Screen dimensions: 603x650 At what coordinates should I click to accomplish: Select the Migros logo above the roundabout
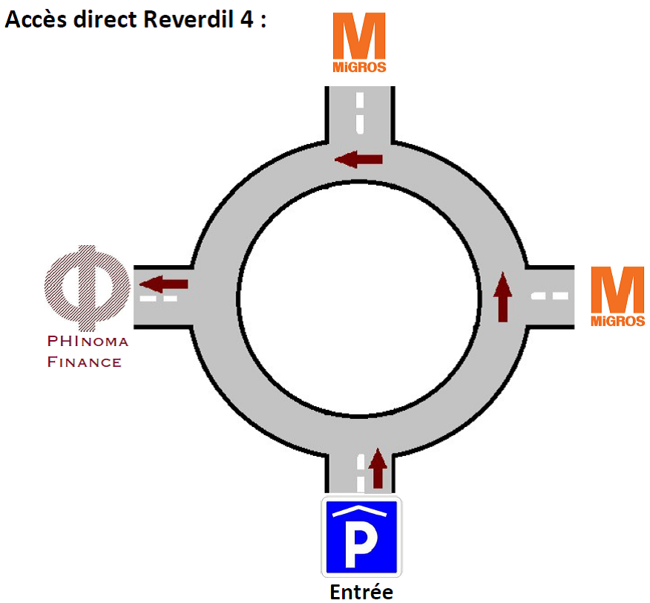point(358,43)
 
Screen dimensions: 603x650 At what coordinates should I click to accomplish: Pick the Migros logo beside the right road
point(617,297)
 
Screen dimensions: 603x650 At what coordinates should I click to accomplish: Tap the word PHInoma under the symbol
point(88,342)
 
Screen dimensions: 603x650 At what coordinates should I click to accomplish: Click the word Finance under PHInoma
point(84,362)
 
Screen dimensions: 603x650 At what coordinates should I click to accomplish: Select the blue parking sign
point(361,537)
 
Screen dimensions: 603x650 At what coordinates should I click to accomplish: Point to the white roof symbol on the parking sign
point(361,512)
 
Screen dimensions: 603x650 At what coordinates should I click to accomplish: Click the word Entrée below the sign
point(361,592)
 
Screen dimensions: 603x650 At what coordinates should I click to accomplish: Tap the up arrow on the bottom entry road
point(378,468)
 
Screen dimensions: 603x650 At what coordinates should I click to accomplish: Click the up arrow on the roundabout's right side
point(503,296)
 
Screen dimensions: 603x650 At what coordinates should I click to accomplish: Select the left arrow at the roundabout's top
point(358,158)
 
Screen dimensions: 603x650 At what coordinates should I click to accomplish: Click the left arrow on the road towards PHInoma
point(164,283)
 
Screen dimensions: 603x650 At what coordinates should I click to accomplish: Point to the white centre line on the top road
point(358,111)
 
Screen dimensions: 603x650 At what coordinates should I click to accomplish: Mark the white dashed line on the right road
point(550,296)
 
